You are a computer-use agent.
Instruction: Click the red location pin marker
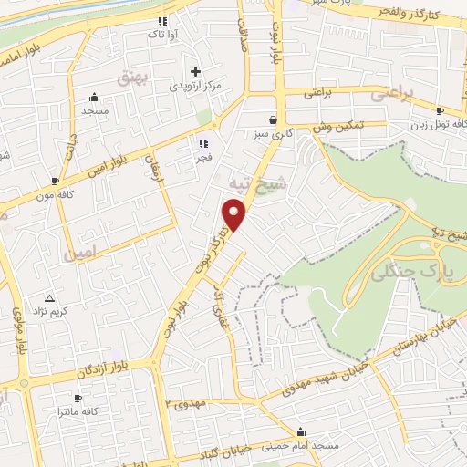234,214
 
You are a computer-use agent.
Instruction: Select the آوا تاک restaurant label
162,35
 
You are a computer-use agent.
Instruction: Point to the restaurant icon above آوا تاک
162,20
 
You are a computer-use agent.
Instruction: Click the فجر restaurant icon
203,142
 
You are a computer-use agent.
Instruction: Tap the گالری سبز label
274,133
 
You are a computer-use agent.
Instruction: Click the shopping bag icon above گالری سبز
274,119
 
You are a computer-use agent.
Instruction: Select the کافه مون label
55,195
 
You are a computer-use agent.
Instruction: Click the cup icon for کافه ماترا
78,399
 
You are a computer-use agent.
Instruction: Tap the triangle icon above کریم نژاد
50,298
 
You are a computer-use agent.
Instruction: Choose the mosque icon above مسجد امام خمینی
301,431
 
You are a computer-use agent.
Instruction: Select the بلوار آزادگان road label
118,368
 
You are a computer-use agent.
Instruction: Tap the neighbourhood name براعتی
391,94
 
